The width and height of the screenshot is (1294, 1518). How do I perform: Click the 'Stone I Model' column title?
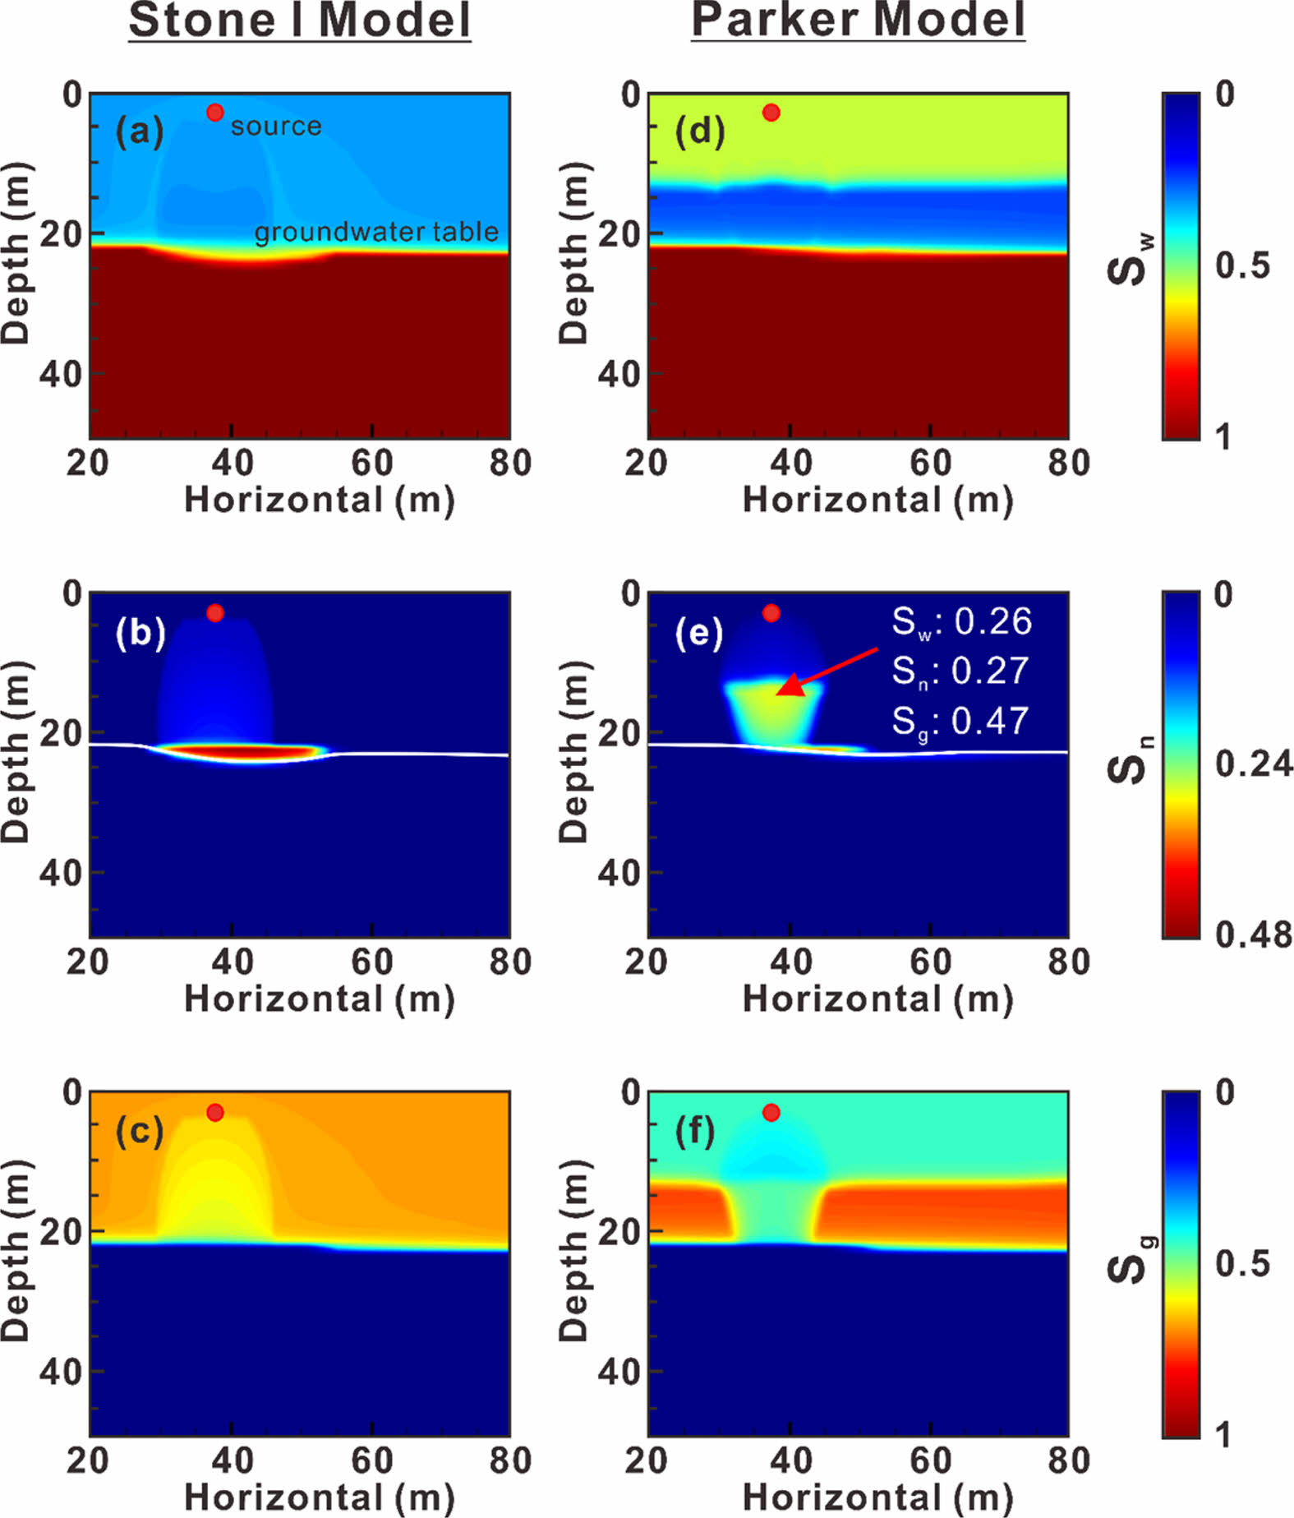[x=299, y=21]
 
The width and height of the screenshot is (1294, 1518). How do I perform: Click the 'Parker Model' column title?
[x=858, y=21]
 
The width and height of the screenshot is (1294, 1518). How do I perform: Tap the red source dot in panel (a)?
[x=215, y=112]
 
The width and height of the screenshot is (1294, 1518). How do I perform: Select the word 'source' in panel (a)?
[x=276, y=127]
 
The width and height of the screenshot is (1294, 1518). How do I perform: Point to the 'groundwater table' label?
[x=376, y=233]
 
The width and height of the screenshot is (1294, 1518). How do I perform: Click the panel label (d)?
[x=699, y=131]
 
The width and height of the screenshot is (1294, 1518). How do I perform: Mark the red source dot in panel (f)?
[x=771, y=1113]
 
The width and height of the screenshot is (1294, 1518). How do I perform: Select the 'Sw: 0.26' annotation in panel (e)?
[x=962, y=621]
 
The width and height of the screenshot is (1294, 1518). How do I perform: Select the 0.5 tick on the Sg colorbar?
[x=1242, y=1263]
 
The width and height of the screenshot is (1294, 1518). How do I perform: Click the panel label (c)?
[x=140, y=1132]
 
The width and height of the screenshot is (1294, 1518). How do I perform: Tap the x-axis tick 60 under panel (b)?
[x=372, y=962]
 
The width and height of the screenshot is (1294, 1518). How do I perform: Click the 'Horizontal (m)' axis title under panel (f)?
[x=877, y=1497]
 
